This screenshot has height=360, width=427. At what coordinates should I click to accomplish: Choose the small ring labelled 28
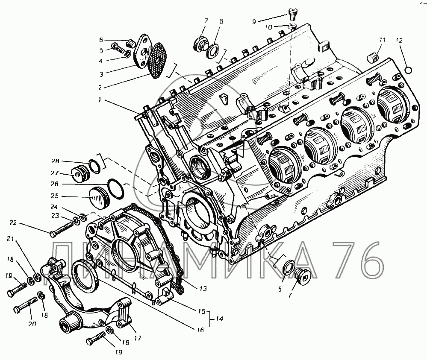click(x=95, y=165)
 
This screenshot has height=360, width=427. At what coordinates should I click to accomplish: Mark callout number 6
click(x=101, y=40)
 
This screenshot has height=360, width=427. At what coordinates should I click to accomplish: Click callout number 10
click(x=268, y=27)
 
